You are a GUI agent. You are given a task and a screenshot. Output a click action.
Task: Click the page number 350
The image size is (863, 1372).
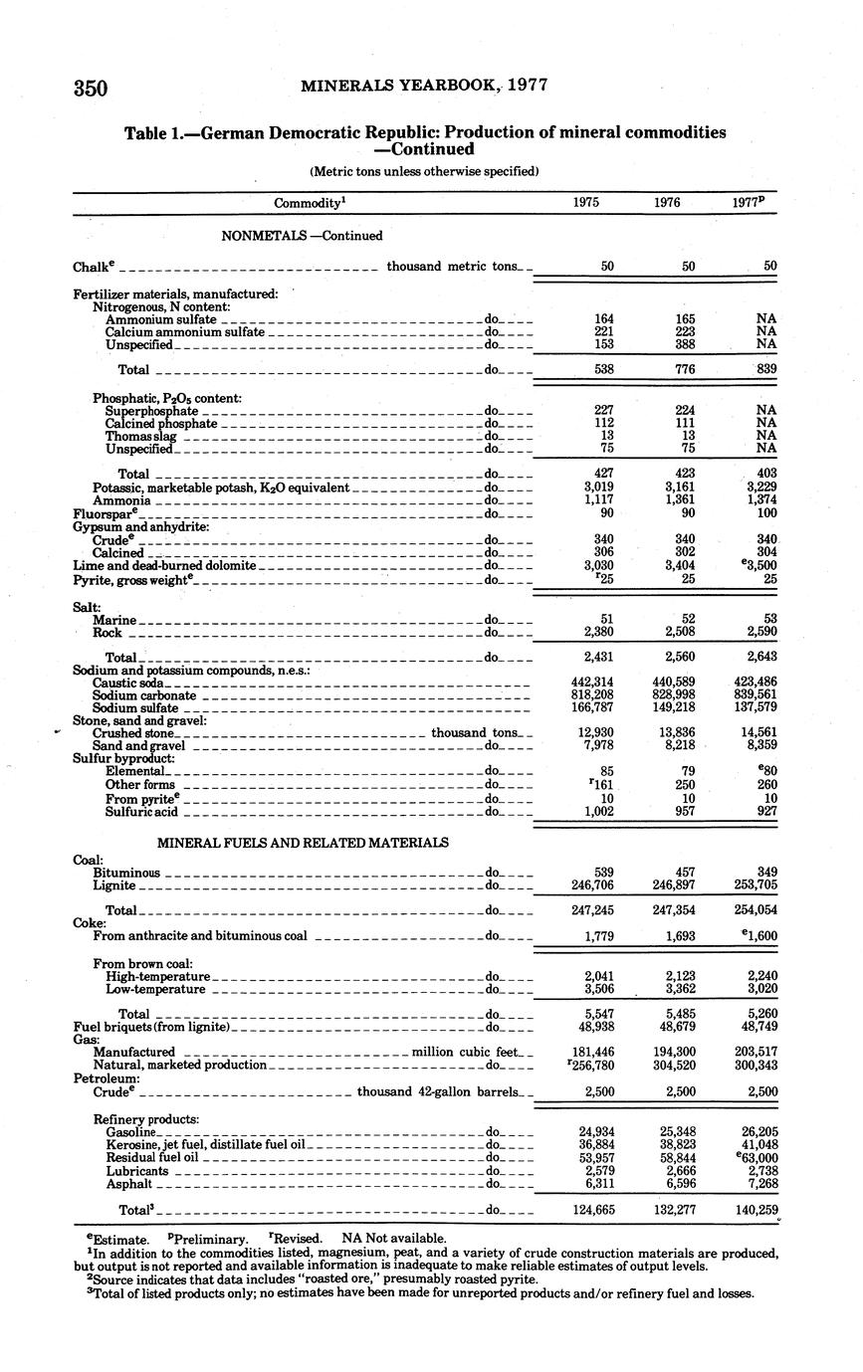click(90, 88)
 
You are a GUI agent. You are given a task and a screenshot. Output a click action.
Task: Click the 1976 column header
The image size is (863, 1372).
click(667, 202)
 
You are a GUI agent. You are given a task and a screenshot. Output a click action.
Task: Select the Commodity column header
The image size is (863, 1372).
click(309, 203)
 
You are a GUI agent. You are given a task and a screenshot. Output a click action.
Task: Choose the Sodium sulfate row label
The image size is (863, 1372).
click(135, 708)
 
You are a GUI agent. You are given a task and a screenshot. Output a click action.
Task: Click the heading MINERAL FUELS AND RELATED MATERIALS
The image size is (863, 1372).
click(303, 843)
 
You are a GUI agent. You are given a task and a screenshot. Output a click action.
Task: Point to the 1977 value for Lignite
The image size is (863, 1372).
click(755, 884)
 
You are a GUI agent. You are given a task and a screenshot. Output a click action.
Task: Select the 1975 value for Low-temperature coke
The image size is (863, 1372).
click(598, 989)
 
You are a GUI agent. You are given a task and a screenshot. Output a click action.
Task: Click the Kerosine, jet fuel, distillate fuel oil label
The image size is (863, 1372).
click(210, 1145)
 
